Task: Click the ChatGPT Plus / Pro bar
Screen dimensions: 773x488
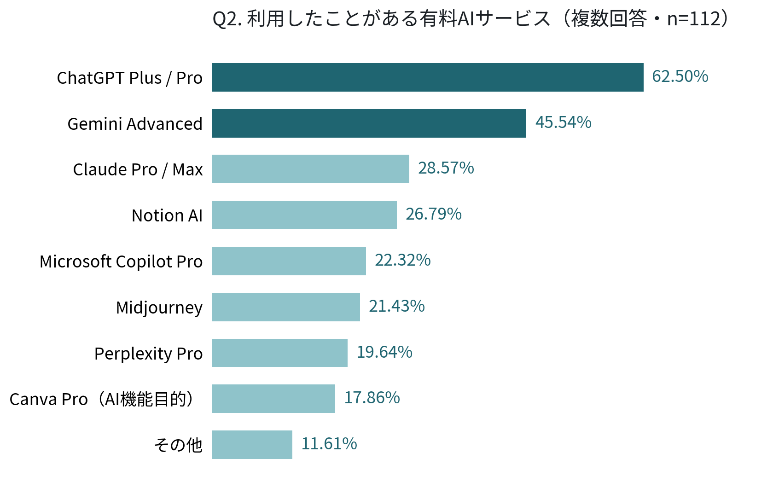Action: pos(428,77)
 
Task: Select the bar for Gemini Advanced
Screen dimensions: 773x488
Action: pos(369,123)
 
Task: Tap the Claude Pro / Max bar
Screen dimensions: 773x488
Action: pos(311,169)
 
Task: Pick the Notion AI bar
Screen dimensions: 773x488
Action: pos(304,215)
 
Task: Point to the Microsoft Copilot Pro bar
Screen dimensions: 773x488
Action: pos(289,261)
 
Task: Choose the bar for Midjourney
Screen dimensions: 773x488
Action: pos(286,307)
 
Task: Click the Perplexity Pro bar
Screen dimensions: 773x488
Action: pos(279,353)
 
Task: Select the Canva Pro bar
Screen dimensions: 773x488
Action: pos(273,399)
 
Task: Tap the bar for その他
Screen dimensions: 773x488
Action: pos(252,445)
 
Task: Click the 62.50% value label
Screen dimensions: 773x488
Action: pos(680,76)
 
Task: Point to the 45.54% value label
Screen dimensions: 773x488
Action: pos(563,122)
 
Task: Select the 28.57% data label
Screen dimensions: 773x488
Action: pos(446,168)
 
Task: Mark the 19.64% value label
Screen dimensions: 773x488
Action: pos(384,352)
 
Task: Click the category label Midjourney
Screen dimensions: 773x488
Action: pos(159,308)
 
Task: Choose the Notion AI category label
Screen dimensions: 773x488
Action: pos(167,215)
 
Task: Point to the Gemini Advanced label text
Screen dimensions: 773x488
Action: pos(135,123)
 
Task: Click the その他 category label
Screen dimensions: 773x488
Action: pos(178,445)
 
